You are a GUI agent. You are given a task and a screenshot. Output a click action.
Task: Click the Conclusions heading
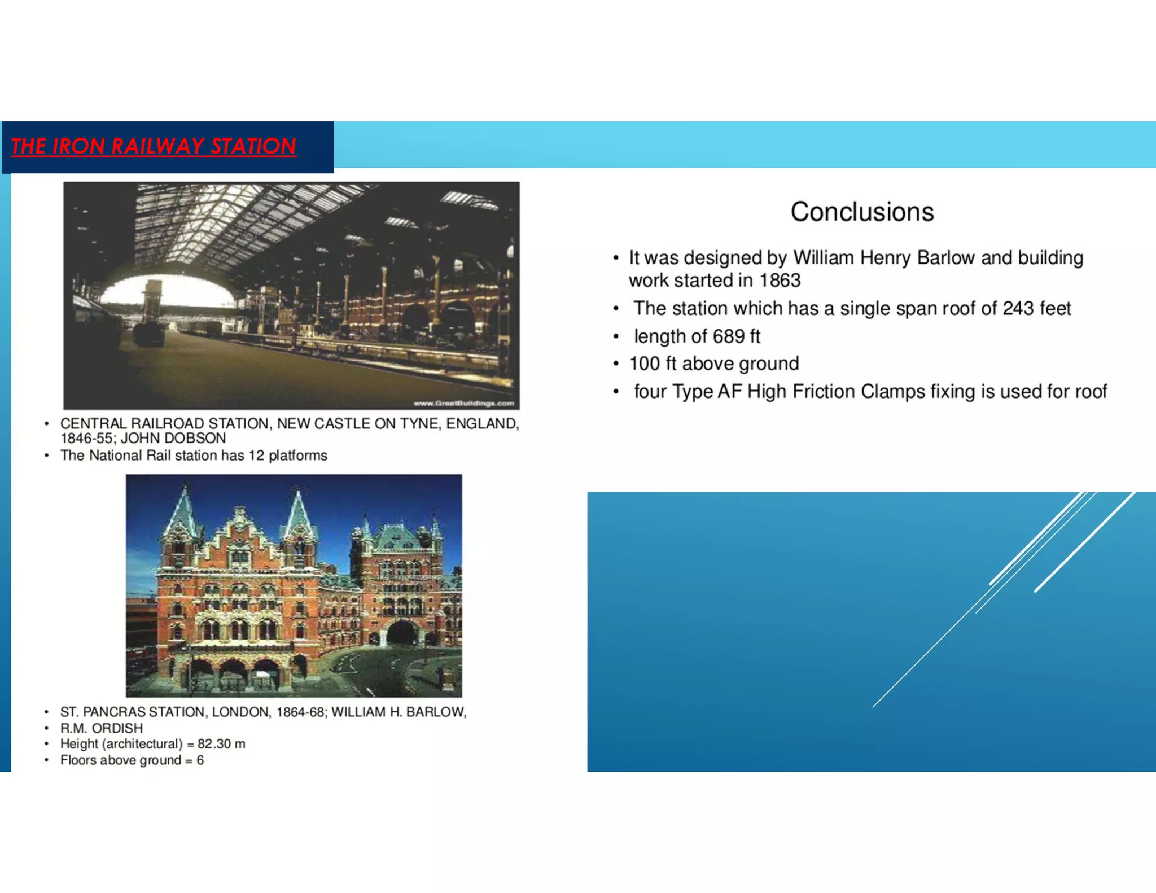click(862, 212)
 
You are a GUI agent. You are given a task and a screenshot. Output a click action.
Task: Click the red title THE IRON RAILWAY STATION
click(154, 146)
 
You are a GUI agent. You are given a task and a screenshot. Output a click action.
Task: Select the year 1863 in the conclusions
click(780, 281)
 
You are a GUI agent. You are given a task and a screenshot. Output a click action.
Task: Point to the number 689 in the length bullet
click(728, 336)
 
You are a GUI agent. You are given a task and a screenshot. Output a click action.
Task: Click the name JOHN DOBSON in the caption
click(173, 439)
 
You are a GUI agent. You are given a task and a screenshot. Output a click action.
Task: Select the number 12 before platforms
click(256, 456)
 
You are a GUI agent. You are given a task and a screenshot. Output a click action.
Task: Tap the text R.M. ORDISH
click(102, 728)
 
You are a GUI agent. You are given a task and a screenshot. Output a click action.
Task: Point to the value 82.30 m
click(221, 744)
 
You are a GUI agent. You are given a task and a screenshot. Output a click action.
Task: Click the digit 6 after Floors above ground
click(200, 760)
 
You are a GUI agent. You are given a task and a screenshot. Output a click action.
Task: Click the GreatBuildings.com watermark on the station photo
click(463, 403)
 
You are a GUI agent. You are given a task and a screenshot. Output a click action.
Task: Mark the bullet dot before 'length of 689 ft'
click(616, 337)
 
